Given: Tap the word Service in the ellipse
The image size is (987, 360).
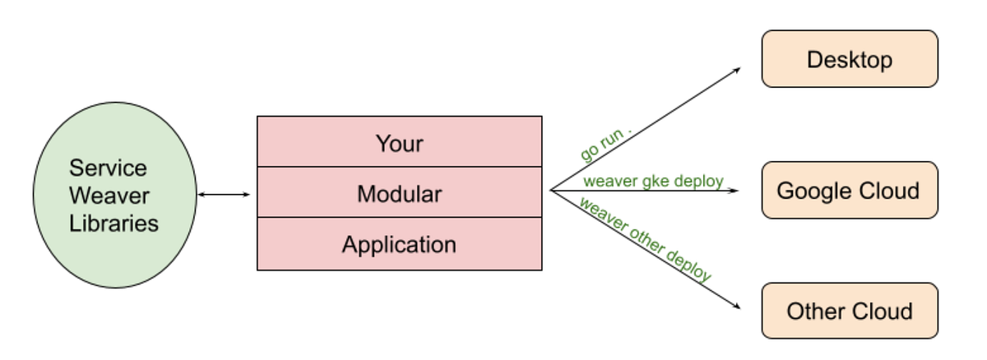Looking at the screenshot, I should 108,168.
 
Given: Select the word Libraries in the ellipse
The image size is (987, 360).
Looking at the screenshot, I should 114,223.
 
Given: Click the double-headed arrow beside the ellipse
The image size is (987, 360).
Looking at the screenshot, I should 224,194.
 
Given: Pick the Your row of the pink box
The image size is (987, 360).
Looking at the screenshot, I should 399,142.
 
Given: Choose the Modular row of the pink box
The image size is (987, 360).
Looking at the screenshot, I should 399,193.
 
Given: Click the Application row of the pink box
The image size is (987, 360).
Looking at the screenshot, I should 399,244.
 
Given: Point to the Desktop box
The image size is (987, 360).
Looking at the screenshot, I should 849,59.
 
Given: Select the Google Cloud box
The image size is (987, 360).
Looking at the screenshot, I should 849,190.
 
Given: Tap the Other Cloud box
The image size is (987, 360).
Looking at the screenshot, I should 849,311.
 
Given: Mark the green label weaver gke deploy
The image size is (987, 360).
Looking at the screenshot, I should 653,181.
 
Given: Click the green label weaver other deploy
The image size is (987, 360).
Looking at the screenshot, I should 645,240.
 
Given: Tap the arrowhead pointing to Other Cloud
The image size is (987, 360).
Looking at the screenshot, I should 736,308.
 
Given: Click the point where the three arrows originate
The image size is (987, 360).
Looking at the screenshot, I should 550,191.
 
